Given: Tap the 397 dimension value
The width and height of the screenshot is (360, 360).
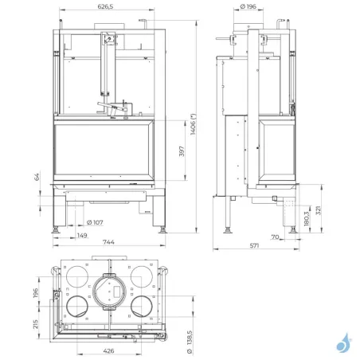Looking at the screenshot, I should click(x=182, y=150).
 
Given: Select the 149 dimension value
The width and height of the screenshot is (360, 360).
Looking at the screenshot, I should click(x=83, y=235).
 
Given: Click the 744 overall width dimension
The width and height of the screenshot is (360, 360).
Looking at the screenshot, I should click(x=109, y=243).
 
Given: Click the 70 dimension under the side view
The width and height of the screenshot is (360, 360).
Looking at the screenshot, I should click(x=273, y=236).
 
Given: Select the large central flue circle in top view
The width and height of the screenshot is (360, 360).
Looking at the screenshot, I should click(x=110, y=290).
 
